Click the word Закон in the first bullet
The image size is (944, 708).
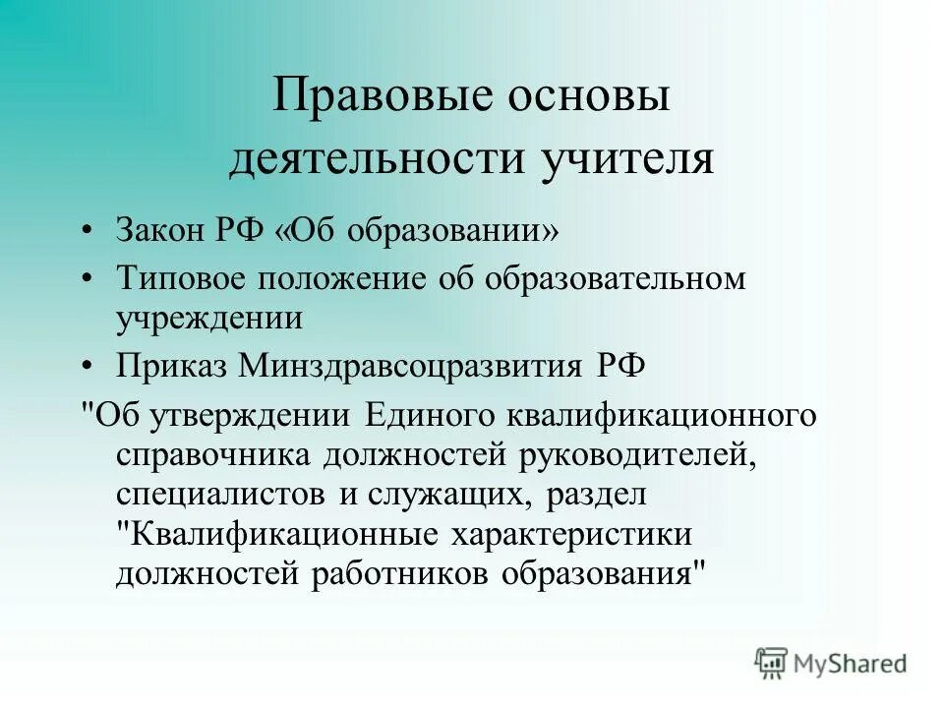[159, 232]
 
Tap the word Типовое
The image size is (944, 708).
[181, 279]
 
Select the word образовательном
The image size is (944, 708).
[614, 279]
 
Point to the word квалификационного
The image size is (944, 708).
[662, 414]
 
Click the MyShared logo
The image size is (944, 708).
[832, 662]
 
